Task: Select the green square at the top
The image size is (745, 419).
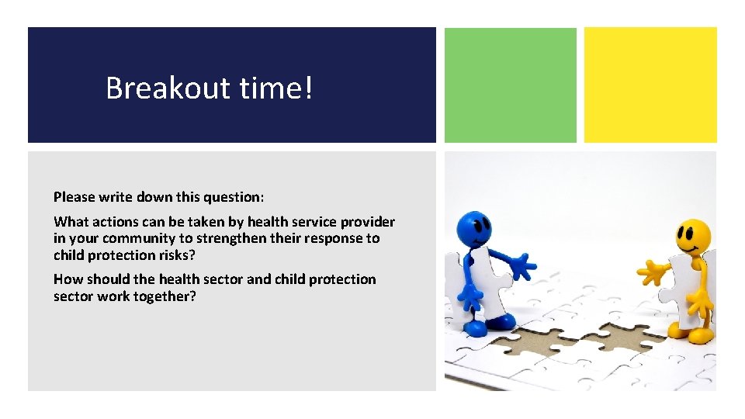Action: [x=510, y=85]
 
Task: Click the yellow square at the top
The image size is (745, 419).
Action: [x=650, y=85]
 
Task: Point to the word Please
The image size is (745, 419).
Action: [x=74, y=197]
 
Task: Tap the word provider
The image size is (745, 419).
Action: [x=366, y=222]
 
